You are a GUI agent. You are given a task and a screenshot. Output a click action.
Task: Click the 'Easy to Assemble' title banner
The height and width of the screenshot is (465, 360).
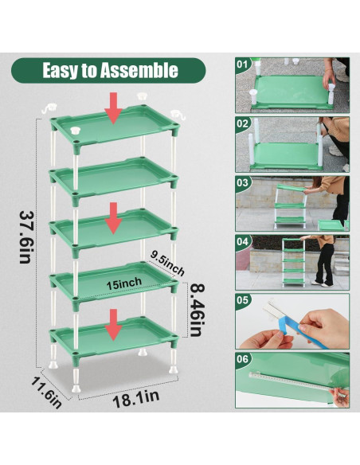coord(109,70)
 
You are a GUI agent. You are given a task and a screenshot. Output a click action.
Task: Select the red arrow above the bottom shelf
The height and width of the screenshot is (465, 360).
coord(114,322)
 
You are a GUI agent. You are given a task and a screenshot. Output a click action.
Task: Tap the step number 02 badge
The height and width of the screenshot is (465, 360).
coord(244,124)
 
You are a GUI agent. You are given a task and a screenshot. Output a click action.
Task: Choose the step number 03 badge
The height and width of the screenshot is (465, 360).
coord(244,182)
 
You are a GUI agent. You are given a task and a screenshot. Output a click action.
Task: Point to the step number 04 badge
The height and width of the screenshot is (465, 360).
coord(244,241)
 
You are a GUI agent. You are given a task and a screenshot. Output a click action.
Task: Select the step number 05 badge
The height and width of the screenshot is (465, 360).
coord(244,301)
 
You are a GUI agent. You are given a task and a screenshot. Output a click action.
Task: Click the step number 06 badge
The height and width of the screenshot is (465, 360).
coord(244,360)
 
